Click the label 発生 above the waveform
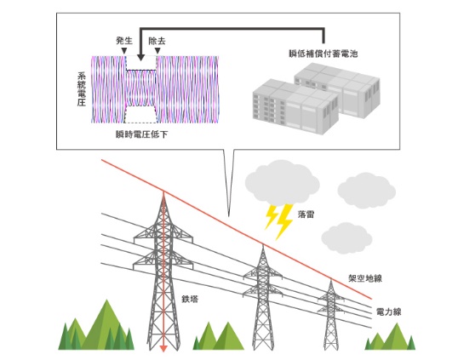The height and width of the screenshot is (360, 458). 124,41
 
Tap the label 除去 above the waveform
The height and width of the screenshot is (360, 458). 157,41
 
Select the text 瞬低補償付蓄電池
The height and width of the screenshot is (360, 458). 323,54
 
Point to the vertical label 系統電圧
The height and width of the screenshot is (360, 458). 82,89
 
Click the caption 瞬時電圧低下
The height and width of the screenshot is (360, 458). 142,134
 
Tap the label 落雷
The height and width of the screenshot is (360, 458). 306,214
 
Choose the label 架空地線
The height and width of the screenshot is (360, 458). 365,278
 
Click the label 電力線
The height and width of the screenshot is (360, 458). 389,311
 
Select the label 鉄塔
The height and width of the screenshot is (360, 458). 190,299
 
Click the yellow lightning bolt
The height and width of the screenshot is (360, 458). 278,221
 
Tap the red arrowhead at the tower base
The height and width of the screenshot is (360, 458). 163,348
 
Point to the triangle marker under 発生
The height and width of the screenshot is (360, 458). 124,51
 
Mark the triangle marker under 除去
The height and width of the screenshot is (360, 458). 157,51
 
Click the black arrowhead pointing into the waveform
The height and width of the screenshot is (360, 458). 140,58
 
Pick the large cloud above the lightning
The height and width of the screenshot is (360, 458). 282,182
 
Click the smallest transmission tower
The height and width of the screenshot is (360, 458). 331,315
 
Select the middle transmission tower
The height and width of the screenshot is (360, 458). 262,297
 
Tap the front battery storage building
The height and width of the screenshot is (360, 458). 295,109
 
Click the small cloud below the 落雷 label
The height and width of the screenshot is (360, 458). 346,237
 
